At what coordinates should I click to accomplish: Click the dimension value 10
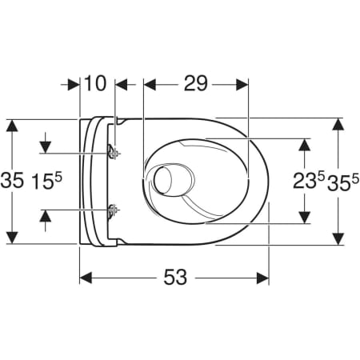[95, 83]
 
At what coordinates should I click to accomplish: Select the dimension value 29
[196, 83]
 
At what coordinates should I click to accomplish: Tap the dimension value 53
[175, 277]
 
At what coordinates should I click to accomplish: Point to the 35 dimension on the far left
[12, 180]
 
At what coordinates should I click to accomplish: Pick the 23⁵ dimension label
[310, 181]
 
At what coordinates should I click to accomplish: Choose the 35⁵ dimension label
[343, 182]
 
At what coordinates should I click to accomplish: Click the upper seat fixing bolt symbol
[114, 153]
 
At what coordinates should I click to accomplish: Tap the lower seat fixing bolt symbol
[114, 210]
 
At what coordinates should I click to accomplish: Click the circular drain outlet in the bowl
[162, 179]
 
